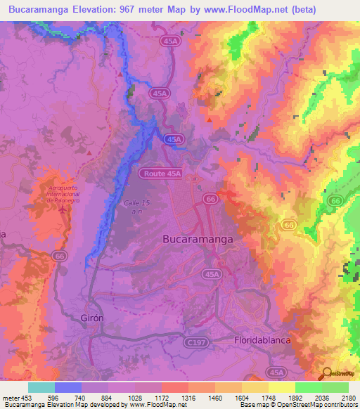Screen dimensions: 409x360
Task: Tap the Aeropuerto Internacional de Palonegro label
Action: coord(63,194)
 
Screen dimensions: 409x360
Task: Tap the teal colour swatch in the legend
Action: coord(41,387)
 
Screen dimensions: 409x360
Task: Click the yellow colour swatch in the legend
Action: coord(281,387)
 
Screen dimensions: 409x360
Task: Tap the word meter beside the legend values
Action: coord(11,398)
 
